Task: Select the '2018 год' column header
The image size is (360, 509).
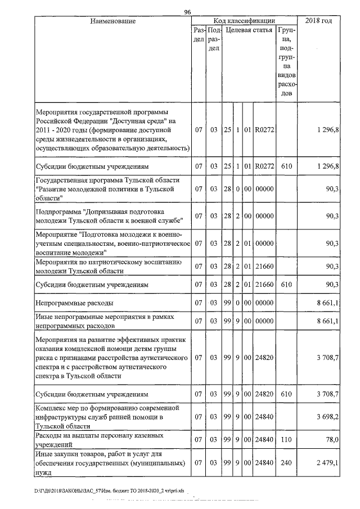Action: click(x=318, y=21)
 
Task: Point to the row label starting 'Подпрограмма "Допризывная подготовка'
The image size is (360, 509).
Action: click(x=107, y=216)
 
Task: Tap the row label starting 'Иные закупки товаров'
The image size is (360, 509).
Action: click(x=110, y=463)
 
